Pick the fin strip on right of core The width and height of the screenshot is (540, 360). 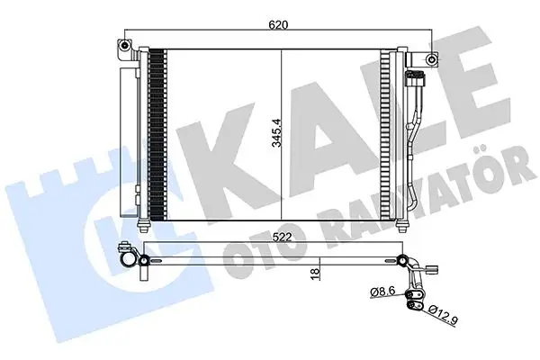(x=386, y=135)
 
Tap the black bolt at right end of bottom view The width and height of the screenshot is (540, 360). (x=400, y=262)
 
